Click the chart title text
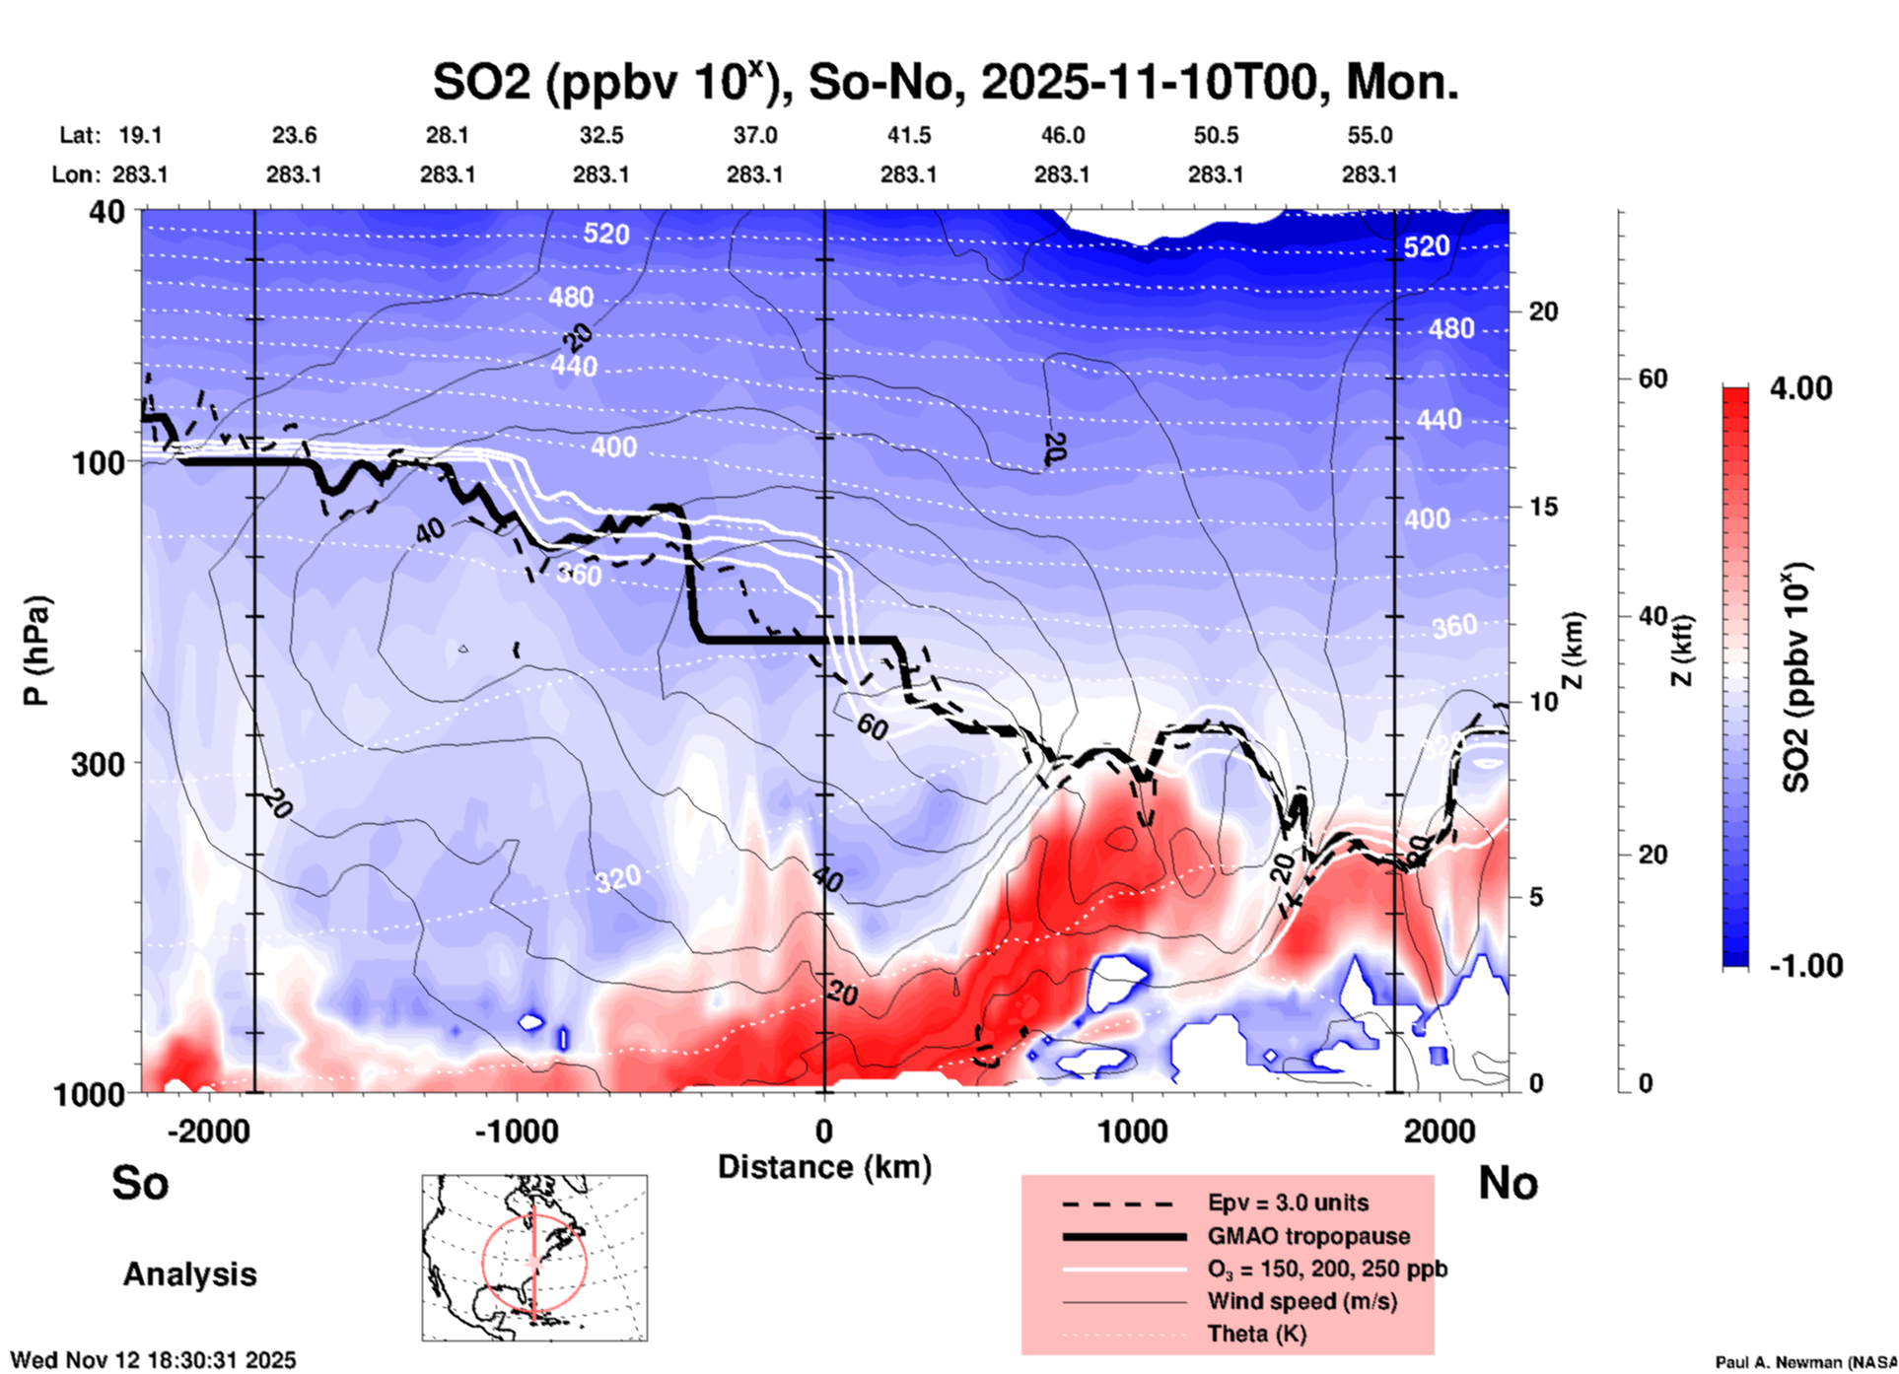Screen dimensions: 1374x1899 pos(945,83)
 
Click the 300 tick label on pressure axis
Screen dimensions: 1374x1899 pos(98,764)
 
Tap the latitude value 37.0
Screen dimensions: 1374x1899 pos(754,135)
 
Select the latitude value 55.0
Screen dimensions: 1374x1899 pos(1370,135)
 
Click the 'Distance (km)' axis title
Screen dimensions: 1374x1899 pos(824,1167)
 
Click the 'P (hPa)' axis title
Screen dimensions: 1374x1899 pos(36,651)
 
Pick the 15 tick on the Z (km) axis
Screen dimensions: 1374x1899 pos(1543,507)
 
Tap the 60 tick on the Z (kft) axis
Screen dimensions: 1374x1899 pos(1653,378)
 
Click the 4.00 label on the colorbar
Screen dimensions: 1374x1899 pos(1800,388)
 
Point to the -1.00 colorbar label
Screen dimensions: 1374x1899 pos(1805,966)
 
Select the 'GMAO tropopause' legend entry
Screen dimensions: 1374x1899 pos(1308,1236)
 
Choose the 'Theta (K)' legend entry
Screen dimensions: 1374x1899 pos(1257,1335)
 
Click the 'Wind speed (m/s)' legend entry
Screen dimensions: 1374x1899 pos(1301,1302)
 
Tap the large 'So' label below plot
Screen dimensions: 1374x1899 pos(140,1183)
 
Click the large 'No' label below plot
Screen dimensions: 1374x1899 pos(1508,1183)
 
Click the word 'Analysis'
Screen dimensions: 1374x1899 pos(189,1274)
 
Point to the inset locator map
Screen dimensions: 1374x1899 pos(534,1258)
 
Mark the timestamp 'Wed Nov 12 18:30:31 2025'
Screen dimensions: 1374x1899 pos(153,1360)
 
